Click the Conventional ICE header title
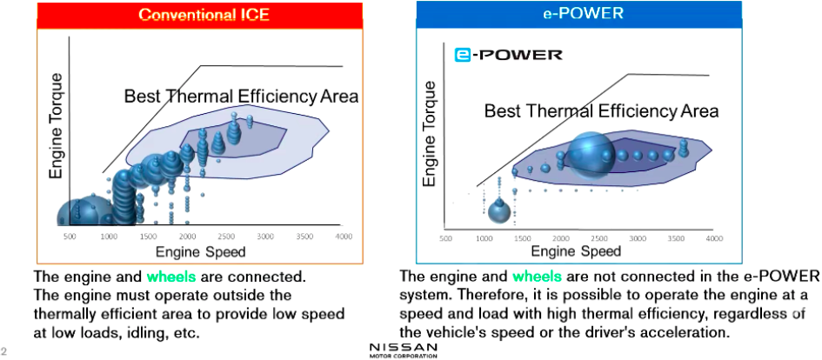pos(204,14)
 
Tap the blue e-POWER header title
pos(584,13)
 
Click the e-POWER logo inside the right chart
pos(509,55)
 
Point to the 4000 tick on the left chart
pos(344,237)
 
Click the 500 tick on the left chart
pos(70,237)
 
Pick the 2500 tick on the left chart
pos(226,237)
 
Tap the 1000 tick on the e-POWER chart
pos(484,238)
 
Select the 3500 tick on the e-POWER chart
pos(676,238)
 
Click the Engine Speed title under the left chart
pos(201,252)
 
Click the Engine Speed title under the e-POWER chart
pos(576,251)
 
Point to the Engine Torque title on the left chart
pos(56,126)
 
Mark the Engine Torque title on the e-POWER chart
pos(429,134)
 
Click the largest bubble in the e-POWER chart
pos(591,155)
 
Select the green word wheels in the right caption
pos(537,277)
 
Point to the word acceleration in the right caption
pos(685,333)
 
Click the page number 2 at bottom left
pos(3,350)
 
